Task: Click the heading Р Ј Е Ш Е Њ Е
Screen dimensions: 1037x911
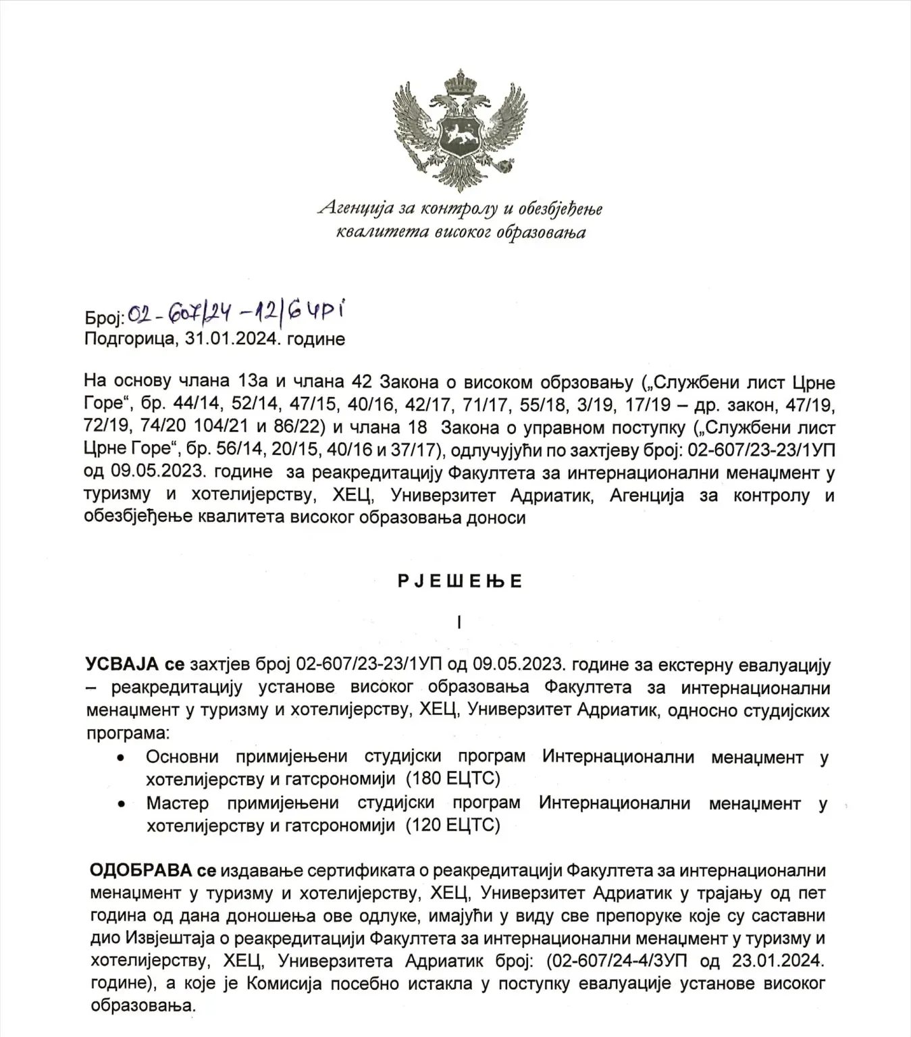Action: coord(460,581)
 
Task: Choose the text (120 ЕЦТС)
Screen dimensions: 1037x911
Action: coord(452,824)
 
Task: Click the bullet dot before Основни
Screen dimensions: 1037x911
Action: coord(120,758)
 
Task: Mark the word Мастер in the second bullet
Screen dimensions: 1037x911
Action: coord(177,803)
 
